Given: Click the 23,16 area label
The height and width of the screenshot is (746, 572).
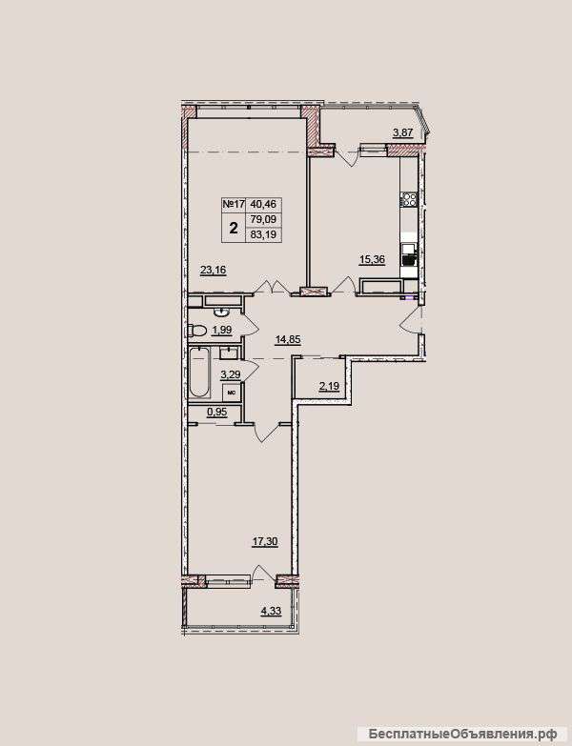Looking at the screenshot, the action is [213, 271].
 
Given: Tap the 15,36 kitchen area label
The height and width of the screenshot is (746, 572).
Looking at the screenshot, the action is [372, 259].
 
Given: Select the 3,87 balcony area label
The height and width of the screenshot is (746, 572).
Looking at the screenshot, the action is [402, 132].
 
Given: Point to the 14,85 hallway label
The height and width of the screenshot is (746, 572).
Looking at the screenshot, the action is [289, 339].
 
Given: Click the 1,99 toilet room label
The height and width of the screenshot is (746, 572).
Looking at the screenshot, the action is [222, 330].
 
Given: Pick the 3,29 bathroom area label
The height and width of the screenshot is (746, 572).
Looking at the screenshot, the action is [230, 374].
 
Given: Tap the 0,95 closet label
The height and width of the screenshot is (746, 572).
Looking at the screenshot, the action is [216, 413].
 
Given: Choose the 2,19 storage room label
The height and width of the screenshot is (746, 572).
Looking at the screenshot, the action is [329, 386].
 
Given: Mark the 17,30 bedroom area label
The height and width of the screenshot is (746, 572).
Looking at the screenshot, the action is [265, 541].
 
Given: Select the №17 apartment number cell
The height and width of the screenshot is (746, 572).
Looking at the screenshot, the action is [234, 205].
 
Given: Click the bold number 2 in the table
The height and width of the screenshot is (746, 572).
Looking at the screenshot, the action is [234, 228].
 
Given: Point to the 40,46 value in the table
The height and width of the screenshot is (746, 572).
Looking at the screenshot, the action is [264, 205].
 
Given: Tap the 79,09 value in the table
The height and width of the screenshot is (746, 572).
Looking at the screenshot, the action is [264, 219].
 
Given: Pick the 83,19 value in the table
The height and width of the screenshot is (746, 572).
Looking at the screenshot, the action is [264, 234].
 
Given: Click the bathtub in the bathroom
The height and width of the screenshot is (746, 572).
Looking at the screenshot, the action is [200, 373].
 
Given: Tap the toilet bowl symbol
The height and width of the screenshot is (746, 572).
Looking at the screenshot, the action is [197, 330].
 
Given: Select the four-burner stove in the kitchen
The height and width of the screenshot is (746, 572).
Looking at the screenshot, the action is [409, 199].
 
